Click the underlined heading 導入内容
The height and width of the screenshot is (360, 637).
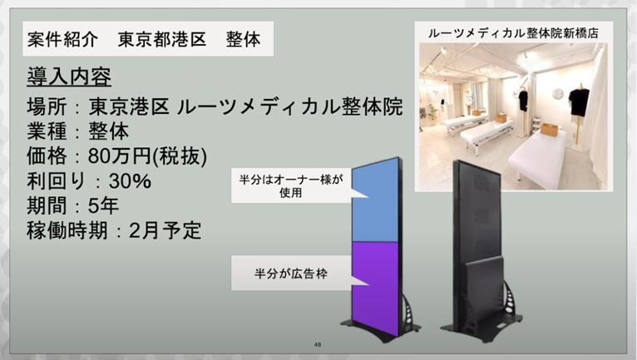(x=69, y=76)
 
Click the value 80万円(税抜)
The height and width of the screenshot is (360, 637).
(x=147, y=156)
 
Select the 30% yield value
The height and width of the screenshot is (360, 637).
(x=130, y=180)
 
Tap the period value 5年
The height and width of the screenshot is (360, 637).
(x=103, y=205)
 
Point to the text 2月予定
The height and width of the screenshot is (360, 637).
(x=165, y=231)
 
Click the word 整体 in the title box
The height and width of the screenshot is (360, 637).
(x=244, y=39)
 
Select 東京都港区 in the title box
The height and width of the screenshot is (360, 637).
(x=162, y=39)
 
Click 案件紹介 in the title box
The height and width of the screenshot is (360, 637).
(x=62, y=39)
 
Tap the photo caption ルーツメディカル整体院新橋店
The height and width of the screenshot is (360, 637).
(x=513, y=33)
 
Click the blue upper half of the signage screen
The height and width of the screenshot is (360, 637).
(x=374, y=201)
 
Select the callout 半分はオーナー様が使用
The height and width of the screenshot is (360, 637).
(x=291, y=185)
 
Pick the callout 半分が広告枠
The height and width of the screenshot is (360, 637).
(x=291, y=274)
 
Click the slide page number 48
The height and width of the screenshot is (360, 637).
(x=318, y=344)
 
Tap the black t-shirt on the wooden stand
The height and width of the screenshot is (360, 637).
(x=579, y=102)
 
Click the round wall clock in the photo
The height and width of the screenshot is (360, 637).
(x=558, y=93)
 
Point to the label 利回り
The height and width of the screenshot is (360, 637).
(x=57, y=180)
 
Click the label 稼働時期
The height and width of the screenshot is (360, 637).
(x=67, y=231)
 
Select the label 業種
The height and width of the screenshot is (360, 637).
(x=47, y=131)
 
